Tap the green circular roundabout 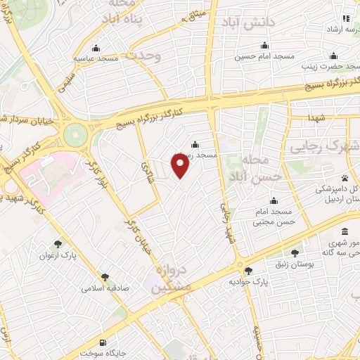[x=73, y=134]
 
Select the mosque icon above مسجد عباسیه [x=96, y=49]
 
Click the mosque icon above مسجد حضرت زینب [x=333, y=56]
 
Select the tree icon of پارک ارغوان [x=58, y=245]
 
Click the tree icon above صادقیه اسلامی [x=105, y=278]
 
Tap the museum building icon [x=344, y=231]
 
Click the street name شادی [x=148, y=168]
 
